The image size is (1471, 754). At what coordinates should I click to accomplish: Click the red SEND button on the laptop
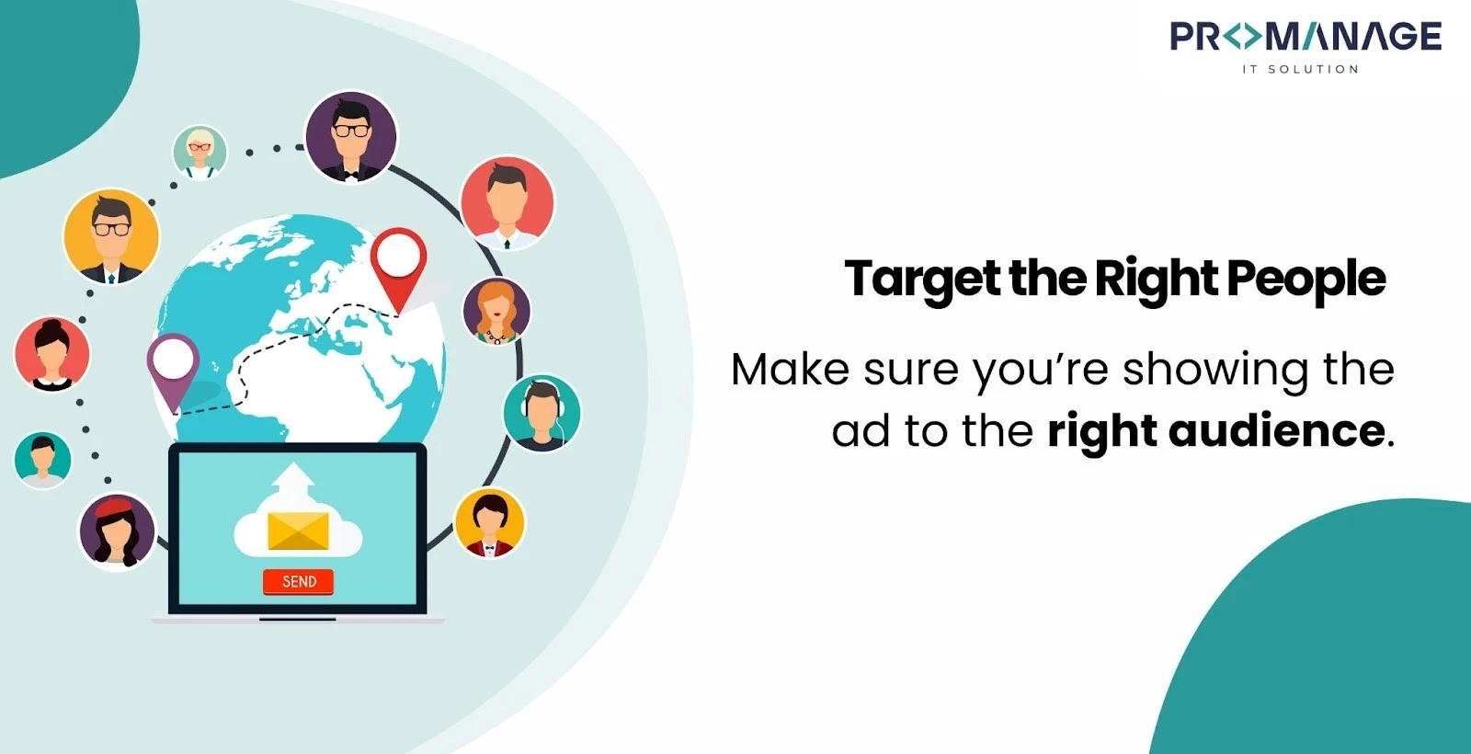(x=298, y=581)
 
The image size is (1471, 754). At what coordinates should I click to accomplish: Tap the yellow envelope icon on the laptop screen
(x=298, y=531)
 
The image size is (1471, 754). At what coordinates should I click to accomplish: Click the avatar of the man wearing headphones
(x=542, y=413)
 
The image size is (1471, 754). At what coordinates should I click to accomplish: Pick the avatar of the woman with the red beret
(x=117, y=531)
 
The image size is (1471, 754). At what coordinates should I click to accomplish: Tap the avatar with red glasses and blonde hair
(x=200, y=152)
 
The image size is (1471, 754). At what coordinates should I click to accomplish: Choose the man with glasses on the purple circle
(x=350, y=137)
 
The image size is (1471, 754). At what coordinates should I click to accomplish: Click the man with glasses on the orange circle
(x=111, y=236)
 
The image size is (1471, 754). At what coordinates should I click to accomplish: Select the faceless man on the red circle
(x=507, y=202)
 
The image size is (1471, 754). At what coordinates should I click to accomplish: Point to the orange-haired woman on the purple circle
(x=496, y=311)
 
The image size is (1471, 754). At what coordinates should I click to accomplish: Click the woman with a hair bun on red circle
(x=52, y=354)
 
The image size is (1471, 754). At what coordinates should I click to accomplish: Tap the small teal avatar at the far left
(x=42, y=459)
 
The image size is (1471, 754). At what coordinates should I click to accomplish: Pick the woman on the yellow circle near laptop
(x=490, y=523)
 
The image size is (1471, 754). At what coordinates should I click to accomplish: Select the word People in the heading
(x=1306, y=280)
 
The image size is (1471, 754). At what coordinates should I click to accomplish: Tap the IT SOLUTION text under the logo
(x=1300, y=69)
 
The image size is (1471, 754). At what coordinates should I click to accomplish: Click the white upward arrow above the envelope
(x=293, y=480)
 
